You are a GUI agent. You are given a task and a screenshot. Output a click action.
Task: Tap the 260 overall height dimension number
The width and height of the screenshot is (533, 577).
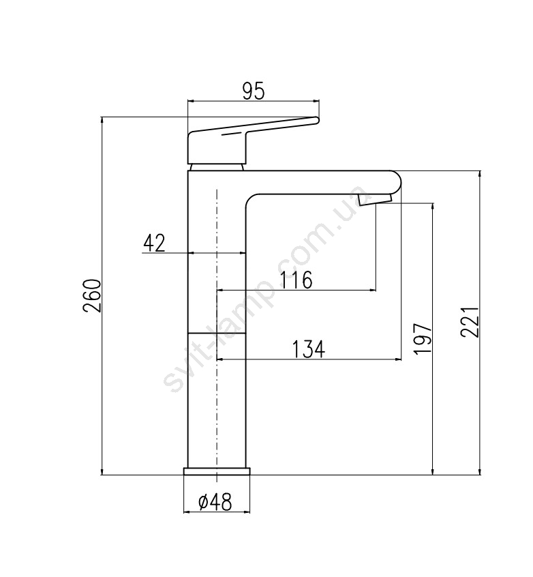pyautogui.click(x=91, y=295)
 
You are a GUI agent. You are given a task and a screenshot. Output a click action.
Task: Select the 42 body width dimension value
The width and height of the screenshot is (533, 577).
pyautogui.click(x=154, y=243)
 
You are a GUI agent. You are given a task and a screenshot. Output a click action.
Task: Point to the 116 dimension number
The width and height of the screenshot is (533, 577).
pyautogui.click(x=296, y=280)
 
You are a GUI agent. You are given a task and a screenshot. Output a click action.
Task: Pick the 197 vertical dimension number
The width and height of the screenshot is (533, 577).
pyautogui.click(x=423, y=339)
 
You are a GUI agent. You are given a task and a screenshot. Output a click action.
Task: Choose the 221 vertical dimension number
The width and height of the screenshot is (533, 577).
pyautogui.click(x=470, y=321)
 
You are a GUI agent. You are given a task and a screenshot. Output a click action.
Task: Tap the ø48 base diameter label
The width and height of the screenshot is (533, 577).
pyautogui.click(x=215, y=501)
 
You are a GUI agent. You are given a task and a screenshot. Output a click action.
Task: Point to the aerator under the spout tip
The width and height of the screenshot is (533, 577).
pyautogui.click(x=374, y=200)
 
